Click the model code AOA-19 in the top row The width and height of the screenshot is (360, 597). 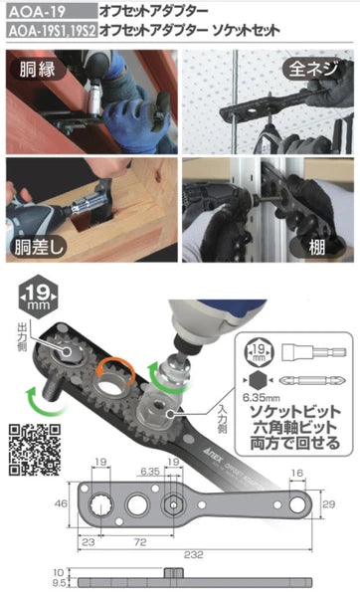coord(34,9)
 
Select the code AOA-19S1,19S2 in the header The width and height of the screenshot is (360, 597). coord(49,31)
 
